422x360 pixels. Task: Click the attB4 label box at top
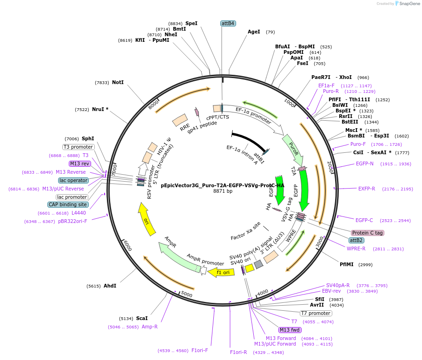[228, 23]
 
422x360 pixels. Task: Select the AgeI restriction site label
[254, 32]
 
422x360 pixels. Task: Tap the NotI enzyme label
[118, 82]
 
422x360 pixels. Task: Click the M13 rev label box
[79, 164]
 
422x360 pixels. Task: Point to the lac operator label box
[73, 180]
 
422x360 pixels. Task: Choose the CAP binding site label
[67, 204]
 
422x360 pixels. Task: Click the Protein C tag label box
[368, 233]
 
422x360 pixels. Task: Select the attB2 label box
[356, 240]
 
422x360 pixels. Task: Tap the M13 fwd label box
[290, 330]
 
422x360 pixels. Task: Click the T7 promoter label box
[316, 313]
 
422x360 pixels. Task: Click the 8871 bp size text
[223, 191]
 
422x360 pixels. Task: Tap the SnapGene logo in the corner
[407, 4]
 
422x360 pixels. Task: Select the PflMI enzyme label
[347, 264]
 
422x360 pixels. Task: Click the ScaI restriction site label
[142, 318]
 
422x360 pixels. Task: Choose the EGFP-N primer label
[364, 164]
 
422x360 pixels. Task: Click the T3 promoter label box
[79, 147]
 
